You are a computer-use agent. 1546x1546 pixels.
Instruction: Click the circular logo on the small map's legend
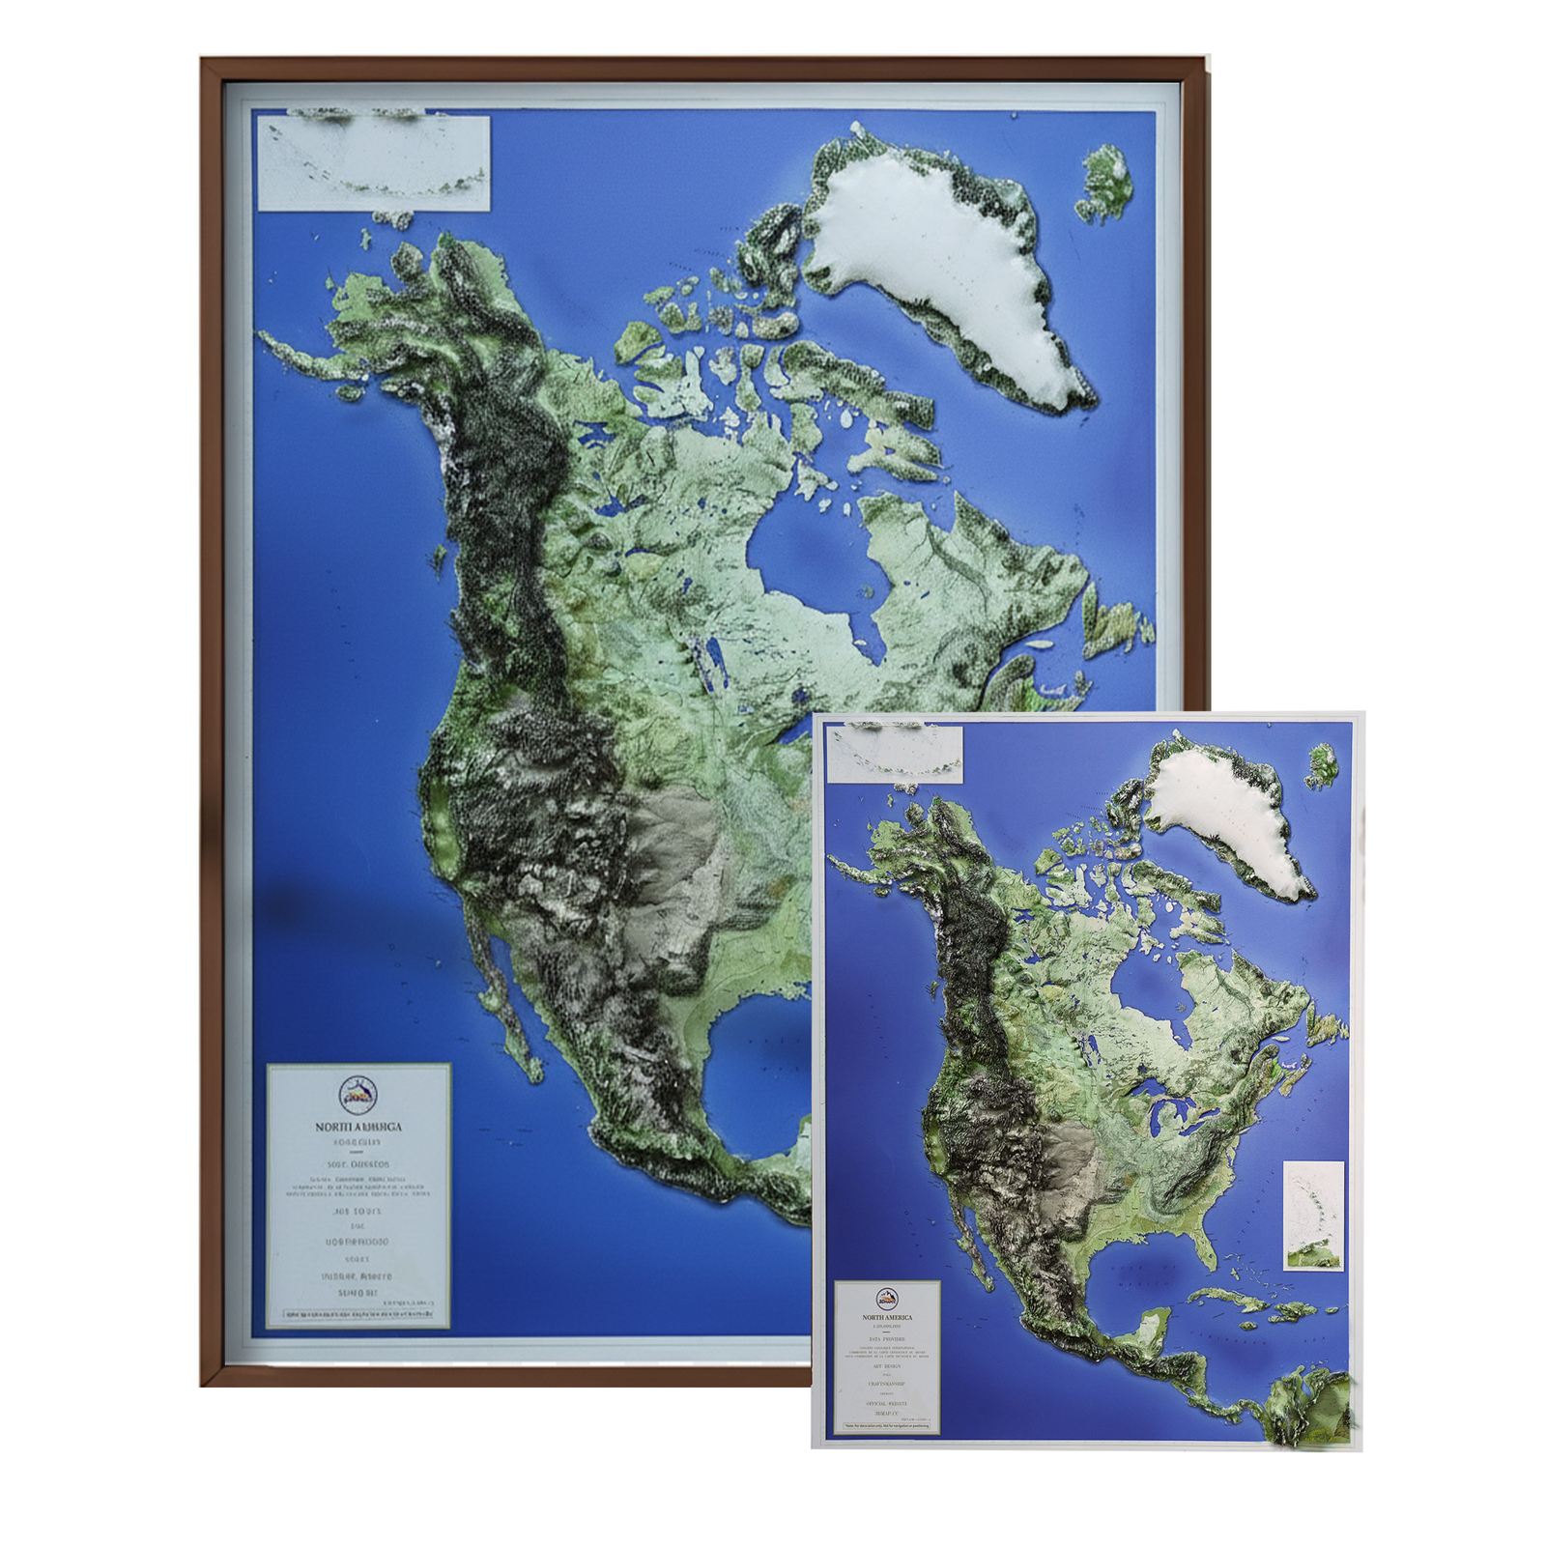coord(886,1299)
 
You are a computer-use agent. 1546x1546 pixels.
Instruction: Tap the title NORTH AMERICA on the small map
coord(887,1317)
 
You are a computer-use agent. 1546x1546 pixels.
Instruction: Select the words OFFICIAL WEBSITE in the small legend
coord(887,1403)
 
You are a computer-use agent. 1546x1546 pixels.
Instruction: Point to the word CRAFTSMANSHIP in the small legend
coord(887,1384)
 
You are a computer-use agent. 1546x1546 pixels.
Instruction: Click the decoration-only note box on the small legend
coord(887,1425)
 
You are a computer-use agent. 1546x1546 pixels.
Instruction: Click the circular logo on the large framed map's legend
coord(358,1096)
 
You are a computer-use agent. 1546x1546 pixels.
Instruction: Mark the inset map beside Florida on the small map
coord(1313,1216)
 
